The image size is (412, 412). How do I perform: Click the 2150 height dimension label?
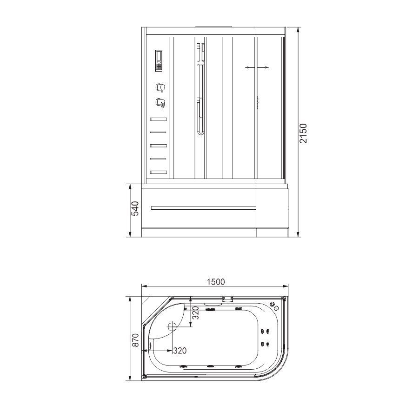tap(303, 133)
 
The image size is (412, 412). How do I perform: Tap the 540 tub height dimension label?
tap(135, 208)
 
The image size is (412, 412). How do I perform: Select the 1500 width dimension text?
tap(216, 282)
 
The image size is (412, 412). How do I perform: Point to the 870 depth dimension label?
tap(135, 340)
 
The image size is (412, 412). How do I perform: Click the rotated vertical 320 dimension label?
tap(196, 312)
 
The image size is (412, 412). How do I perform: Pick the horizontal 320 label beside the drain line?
tap(180, 350)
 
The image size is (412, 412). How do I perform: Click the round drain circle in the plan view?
tap(172, 326)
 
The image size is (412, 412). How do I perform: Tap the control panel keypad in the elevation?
tap(159, 60)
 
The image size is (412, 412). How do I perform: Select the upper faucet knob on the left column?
tap(160, 87)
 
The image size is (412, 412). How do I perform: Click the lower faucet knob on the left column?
tap(160, 102)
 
